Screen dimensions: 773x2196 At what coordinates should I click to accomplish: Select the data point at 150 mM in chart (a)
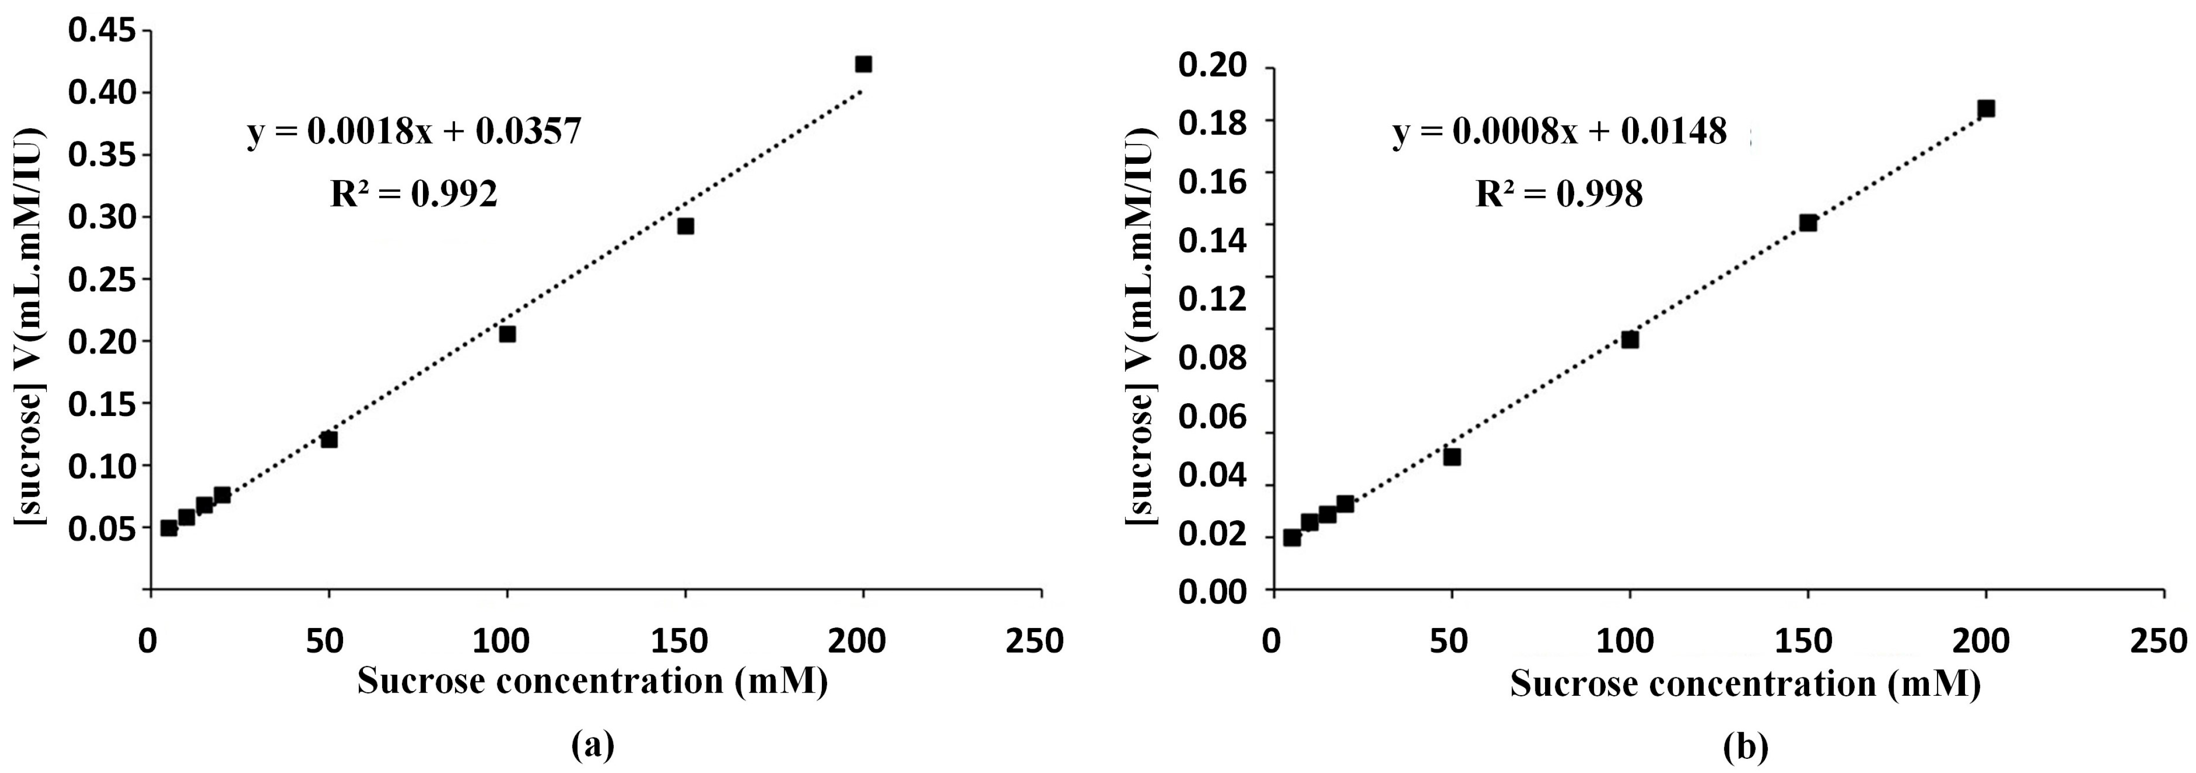click(686, 226)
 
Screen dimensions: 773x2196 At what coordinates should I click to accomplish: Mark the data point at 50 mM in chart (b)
click(1452, 457)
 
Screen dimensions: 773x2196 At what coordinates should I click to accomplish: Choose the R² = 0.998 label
click(1559, 195)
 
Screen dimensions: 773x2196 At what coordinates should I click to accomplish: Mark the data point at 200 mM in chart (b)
click(1985, 108)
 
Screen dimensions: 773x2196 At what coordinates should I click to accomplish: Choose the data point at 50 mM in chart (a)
click(329, 439)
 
